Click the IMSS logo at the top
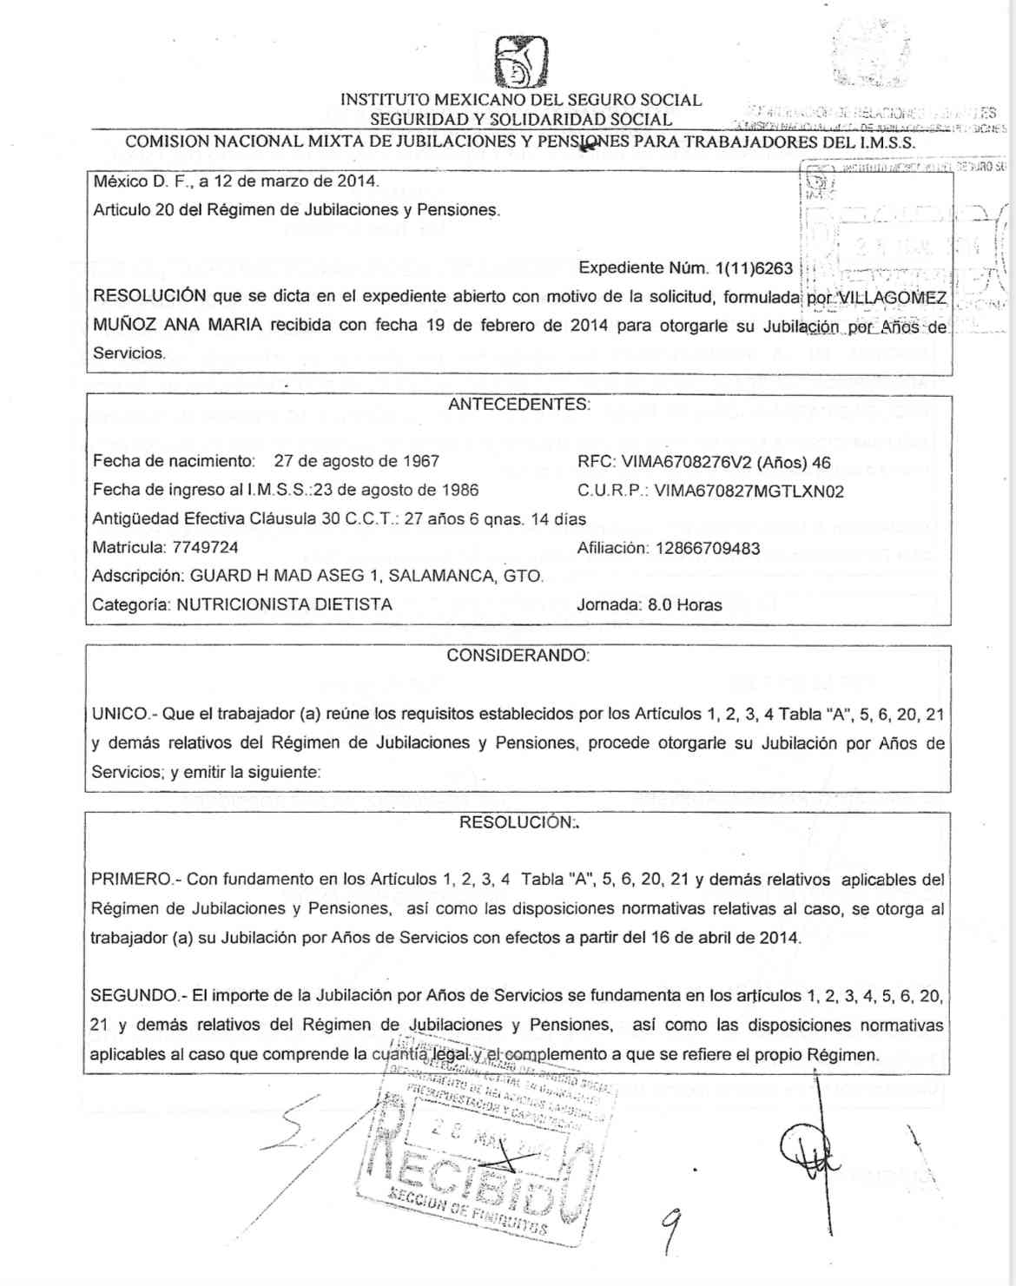point(520,63)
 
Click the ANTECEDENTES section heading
point(518,405)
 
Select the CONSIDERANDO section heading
point(518,656)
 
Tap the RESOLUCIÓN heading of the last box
point(518,822)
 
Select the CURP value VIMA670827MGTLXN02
point(749,491)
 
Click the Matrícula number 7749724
point(205,548)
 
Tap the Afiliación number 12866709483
point(708,549)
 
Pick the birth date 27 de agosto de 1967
point(356,462)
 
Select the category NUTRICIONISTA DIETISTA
point(284,605)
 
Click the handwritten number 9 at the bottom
point(670,1232)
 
